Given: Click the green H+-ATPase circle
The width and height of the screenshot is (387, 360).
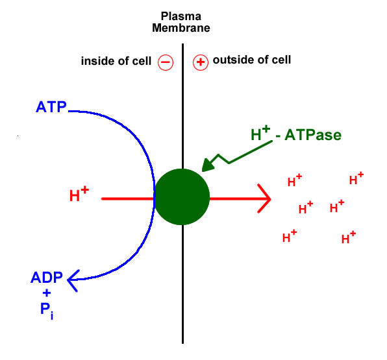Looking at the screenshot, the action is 182,197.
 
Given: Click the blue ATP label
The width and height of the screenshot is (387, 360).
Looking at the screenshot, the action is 51,107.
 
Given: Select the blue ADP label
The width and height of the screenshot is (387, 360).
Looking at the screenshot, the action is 47,278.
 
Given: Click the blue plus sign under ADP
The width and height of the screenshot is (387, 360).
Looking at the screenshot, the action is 47,293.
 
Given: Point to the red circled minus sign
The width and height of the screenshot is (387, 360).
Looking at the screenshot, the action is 166,62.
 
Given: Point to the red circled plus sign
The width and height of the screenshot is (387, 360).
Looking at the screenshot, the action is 201,62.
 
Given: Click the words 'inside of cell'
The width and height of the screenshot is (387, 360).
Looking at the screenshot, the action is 116,61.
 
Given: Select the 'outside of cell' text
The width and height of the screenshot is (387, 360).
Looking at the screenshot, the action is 252,60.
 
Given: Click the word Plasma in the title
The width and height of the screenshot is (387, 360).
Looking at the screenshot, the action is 181,16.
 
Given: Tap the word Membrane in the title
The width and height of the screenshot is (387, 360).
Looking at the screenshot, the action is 181,28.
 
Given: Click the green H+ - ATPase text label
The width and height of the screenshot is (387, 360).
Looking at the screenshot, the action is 296,134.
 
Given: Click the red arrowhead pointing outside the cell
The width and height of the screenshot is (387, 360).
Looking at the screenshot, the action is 264,198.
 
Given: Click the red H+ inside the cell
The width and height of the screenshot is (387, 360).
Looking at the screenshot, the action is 79,194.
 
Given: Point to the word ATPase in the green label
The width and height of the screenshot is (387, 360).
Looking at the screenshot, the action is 313,135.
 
